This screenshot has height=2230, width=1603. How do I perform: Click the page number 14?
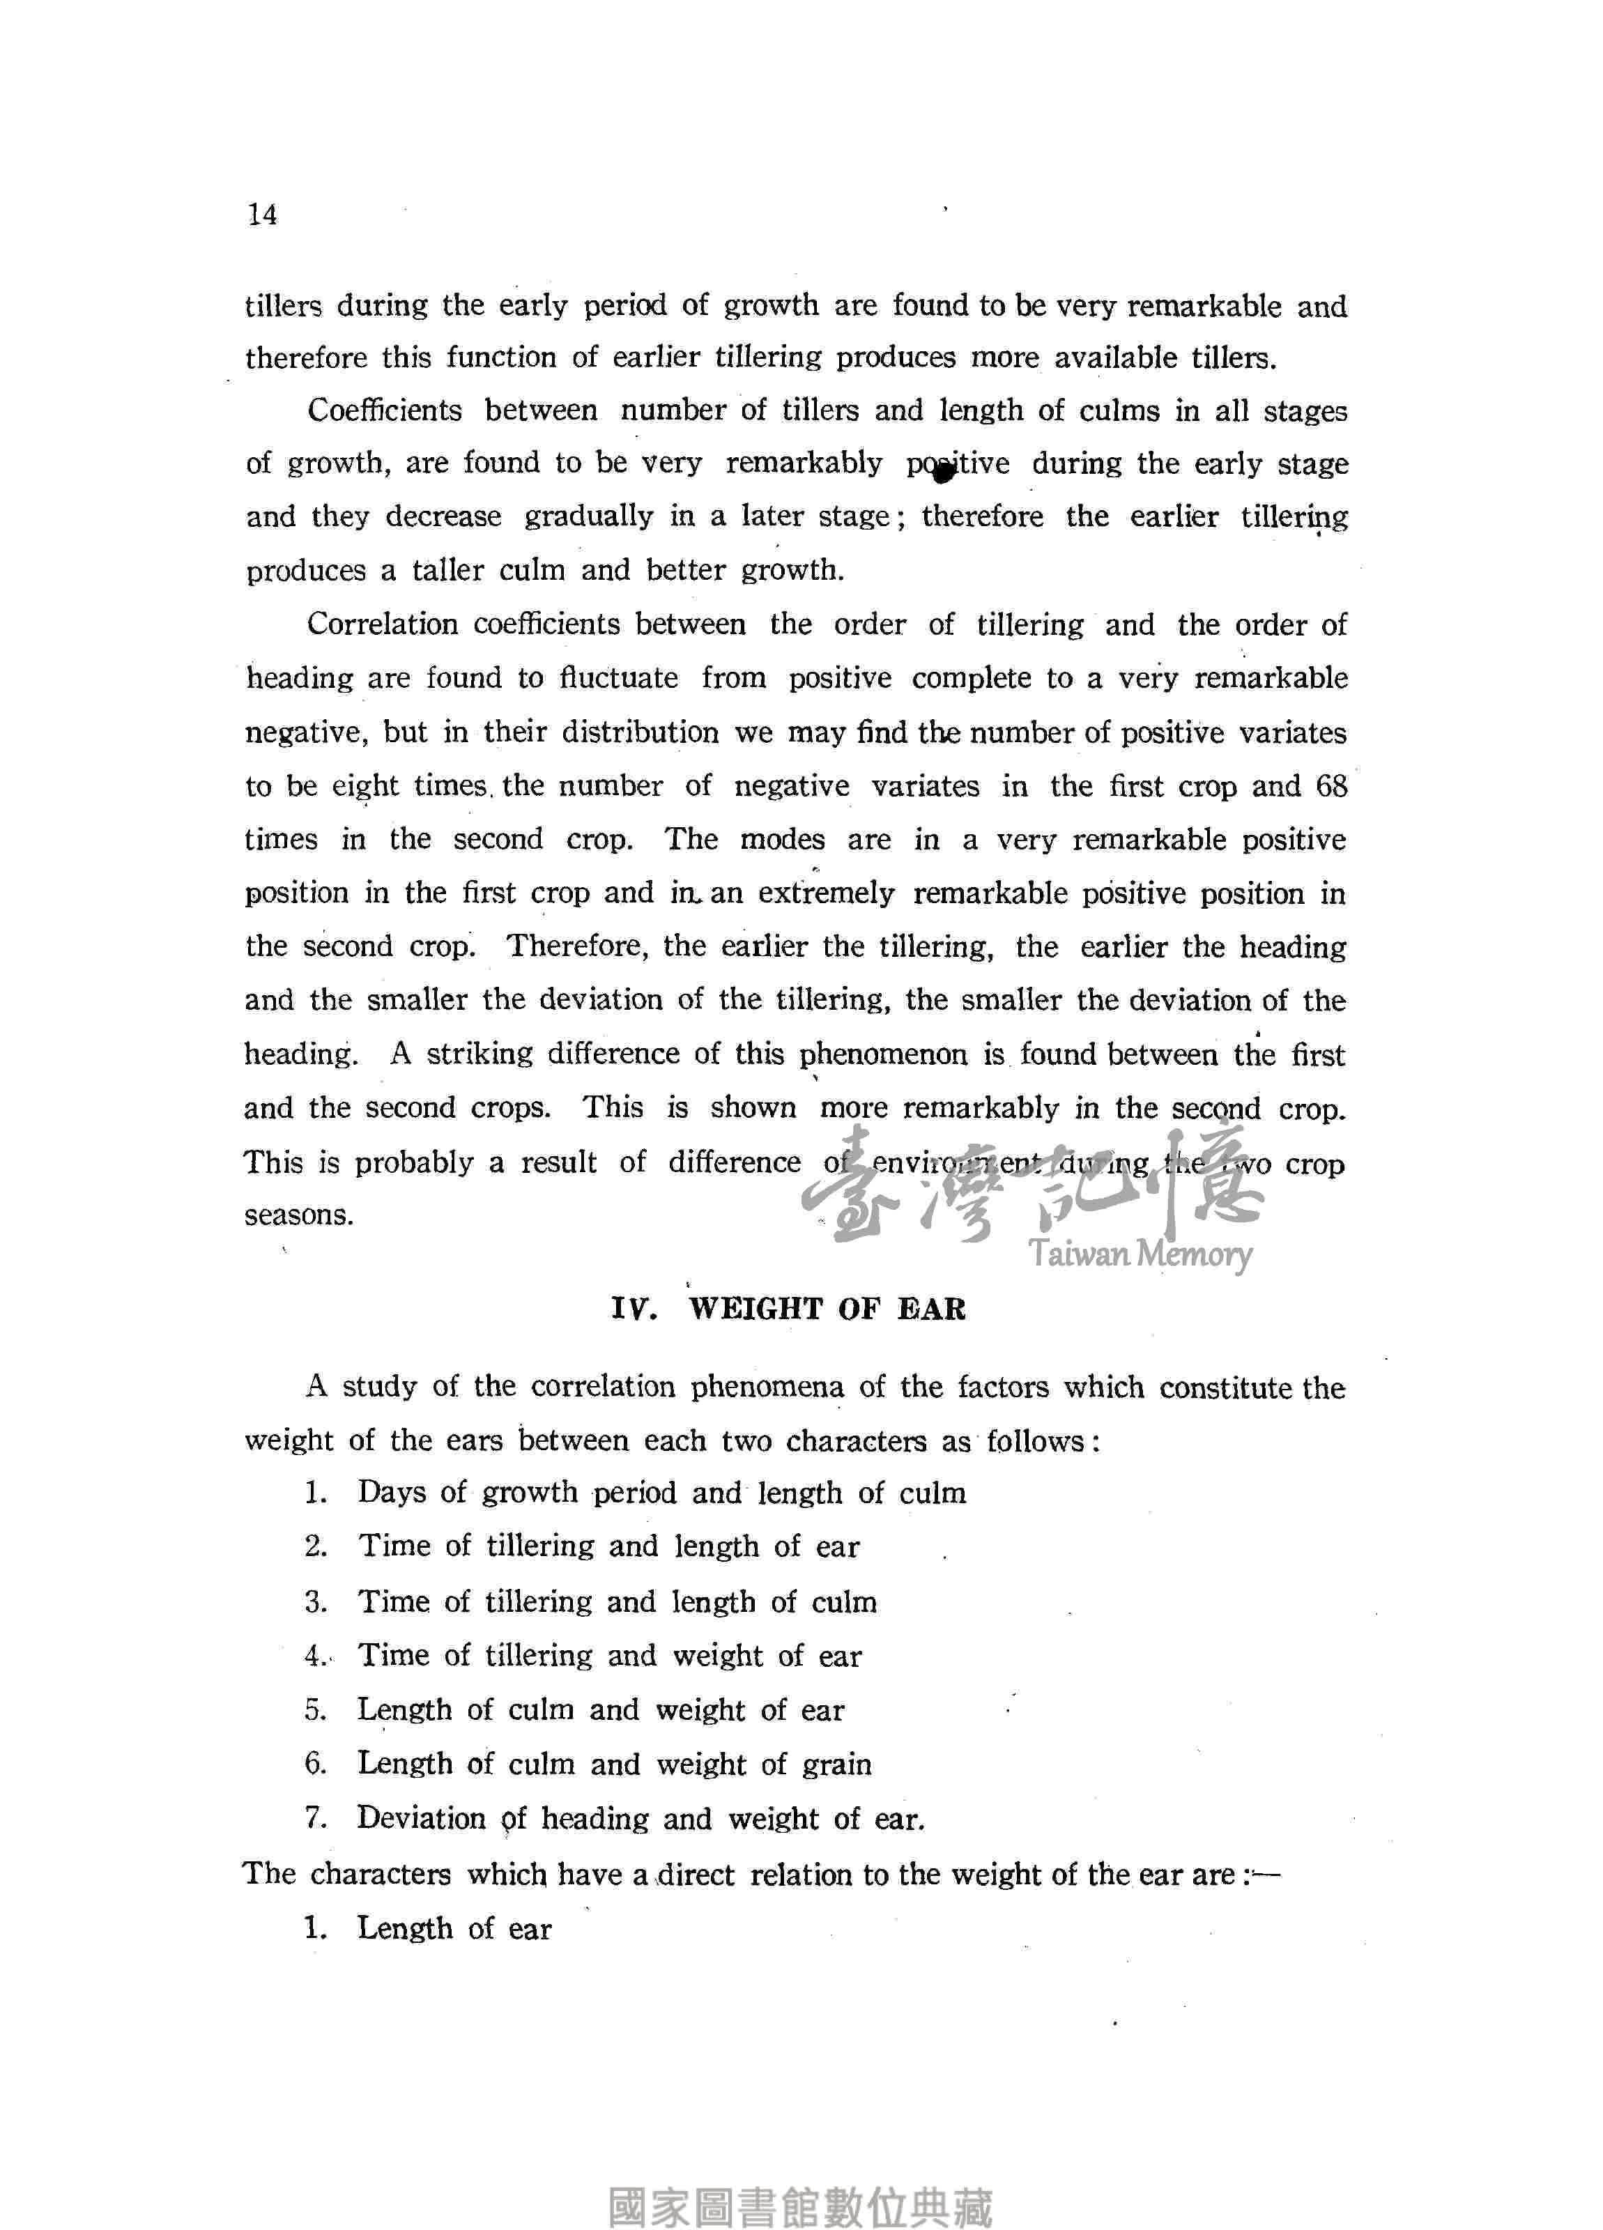[x=263, y=215]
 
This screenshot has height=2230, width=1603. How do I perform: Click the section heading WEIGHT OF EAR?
[x=827, y=1309]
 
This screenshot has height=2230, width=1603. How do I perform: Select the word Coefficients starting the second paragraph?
[x=385, y=410]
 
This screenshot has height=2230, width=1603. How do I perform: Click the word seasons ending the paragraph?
[x=299, y=1215]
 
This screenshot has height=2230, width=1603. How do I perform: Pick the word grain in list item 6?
[x=837, y=1764]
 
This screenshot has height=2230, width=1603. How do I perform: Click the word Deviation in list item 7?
[x=422, y=1818]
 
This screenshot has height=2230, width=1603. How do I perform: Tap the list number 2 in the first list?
[x=315, y=1546]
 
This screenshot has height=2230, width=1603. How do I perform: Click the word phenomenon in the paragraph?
[x=883, y=1055]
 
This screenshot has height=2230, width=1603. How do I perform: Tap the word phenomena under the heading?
[x=767, y=1387]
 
